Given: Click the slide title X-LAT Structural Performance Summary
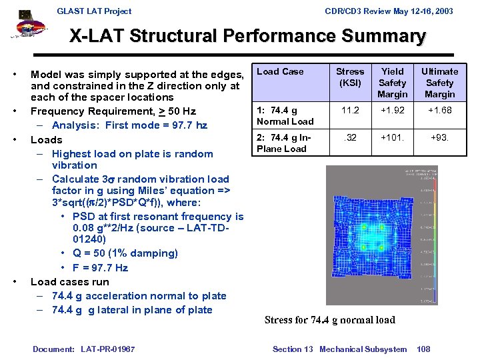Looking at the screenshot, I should (x=247, y=36).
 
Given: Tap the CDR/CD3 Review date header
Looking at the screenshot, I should (x=389, y=11).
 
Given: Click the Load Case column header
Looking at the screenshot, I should (x=280, y=72).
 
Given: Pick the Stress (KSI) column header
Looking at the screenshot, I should (x=350, y=77).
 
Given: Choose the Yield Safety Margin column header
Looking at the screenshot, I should (x=392, y=83).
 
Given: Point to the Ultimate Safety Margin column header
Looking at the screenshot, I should (x=439, y=83).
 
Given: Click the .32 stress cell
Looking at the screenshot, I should (x=350, y=138).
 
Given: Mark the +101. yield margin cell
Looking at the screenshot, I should (x=392, y=138).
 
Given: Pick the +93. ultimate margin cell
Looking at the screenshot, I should (x=439, y=138).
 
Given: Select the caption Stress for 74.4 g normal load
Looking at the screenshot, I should (x=329, y=320).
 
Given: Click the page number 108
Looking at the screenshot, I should (x=423, y=349).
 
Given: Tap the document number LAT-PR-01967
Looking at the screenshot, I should (x=83, y=349).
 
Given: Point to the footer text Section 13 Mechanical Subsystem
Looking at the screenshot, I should (x=339, y=349).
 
